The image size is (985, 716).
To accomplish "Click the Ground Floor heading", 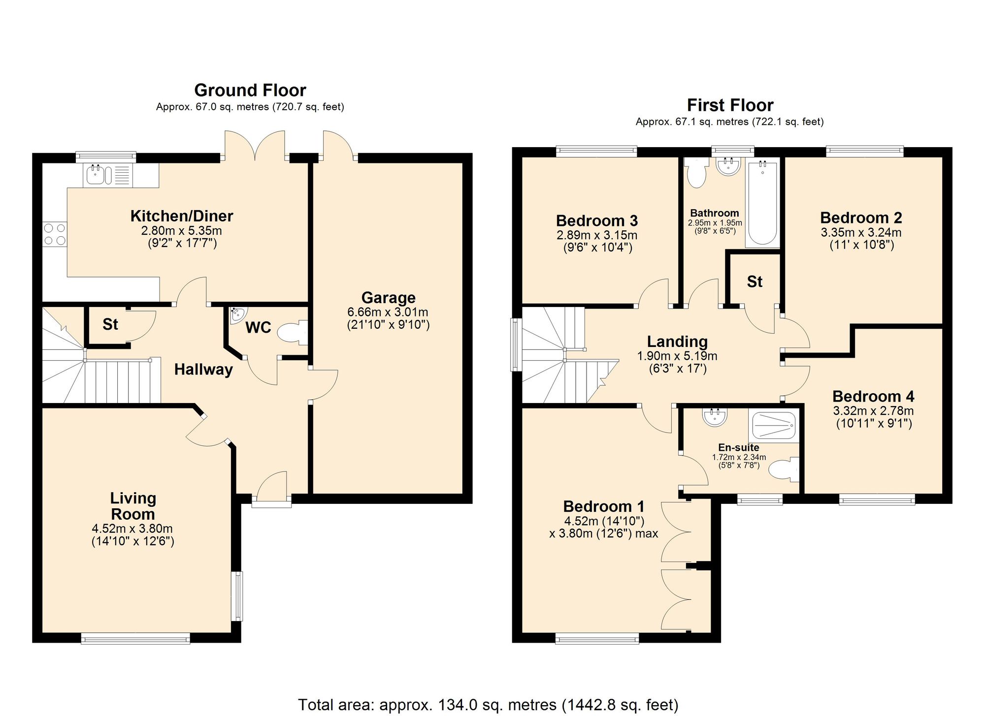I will click(x=250, y=90).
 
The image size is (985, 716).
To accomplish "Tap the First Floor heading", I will click(x=730, y=105).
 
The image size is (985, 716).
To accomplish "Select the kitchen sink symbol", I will click(x=96, y=175).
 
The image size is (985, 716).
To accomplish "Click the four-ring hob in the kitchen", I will click(x=55, y=234).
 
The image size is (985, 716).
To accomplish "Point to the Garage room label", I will click(x=388, y=298).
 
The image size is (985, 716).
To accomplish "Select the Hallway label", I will click(x=203, y=370).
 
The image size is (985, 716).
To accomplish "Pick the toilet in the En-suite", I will click(x=784, y=470).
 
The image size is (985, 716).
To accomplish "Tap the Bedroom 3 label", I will click(x=596, y=220).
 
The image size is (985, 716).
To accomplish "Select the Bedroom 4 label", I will click(x=873, y=396).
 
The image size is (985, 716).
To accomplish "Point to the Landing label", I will click(x=677, y=341).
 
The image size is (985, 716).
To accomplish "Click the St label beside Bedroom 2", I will click(x=754, y=281).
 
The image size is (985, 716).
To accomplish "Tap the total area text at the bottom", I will click(x=488, y=705).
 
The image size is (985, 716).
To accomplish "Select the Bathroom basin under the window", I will click(x=728, y=167).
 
